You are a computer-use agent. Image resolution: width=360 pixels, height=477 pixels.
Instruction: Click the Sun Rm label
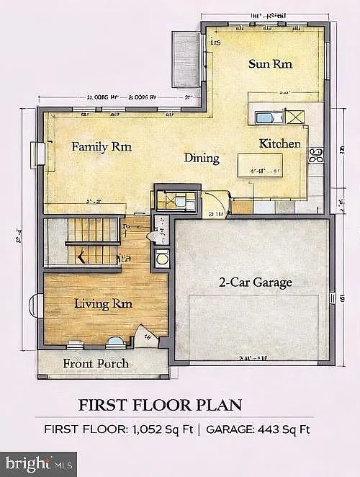(x=270, y=63)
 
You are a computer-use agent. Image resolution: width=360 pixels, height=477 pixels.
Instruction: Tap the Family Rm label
(x=102, y=146)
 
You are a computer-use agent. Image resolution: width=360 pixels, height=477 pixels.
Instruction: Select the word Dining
(x=202, y=158)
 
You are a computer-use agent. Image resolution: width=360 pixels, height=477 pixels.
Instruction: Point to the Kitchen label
(x=279, y=143)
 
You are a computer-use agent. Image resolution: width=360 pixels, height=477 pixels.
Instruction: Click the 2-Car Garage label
(x=256, y=282)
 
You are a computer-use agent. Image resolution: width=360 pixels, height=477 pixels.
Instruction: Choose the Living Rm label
(x=103, y=304)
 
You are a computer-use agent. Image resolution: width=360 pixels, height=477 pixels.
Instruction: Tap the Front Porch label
(x=96, y=363)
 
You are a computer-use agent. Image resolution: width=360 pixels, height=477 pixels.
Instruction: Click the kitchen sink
(x=265, y=117)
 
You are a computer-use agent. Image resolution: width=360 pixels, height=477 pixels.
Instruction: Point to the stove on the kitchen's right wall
(x=315, y=155)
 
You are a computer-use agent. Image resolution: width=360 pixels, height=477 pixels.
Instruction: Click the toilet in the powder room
(x=154, y=236)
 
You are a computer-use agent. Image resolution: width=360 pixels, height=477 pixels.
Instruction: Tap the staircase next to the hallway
(x=92, y=241)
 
